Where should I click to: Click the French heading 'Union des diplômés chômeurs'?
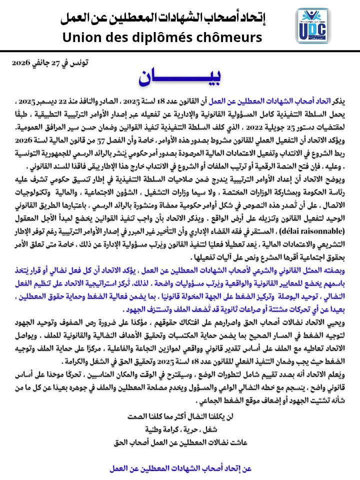(x=162, y=38)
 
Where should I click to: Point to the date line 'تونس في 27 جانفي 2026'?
(x=50, y=64)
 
